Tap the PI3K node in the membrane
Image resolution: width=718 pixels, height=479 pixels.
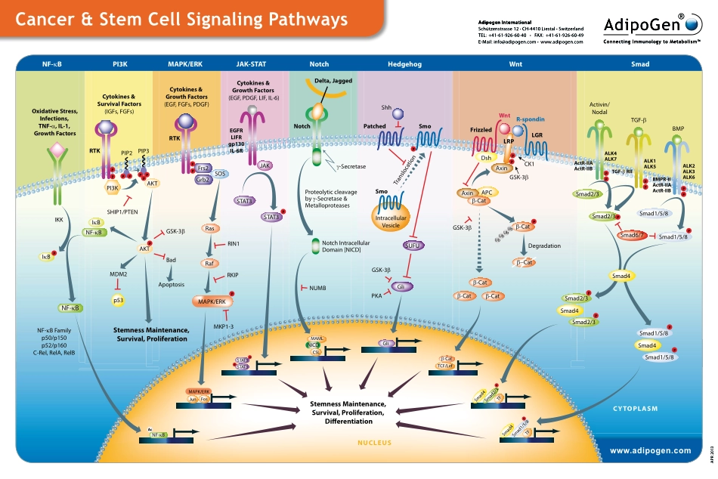[112, 187]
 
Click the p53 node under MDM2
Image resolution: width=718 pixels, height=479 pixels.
[119, 301]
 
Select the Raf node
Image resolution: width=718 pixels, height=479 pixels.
[211, 263]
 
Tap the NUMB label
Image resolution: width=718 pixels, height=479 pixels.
[316, 289]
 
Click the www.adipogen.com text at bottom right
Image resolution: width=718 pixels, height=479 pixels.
[650, 450]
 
